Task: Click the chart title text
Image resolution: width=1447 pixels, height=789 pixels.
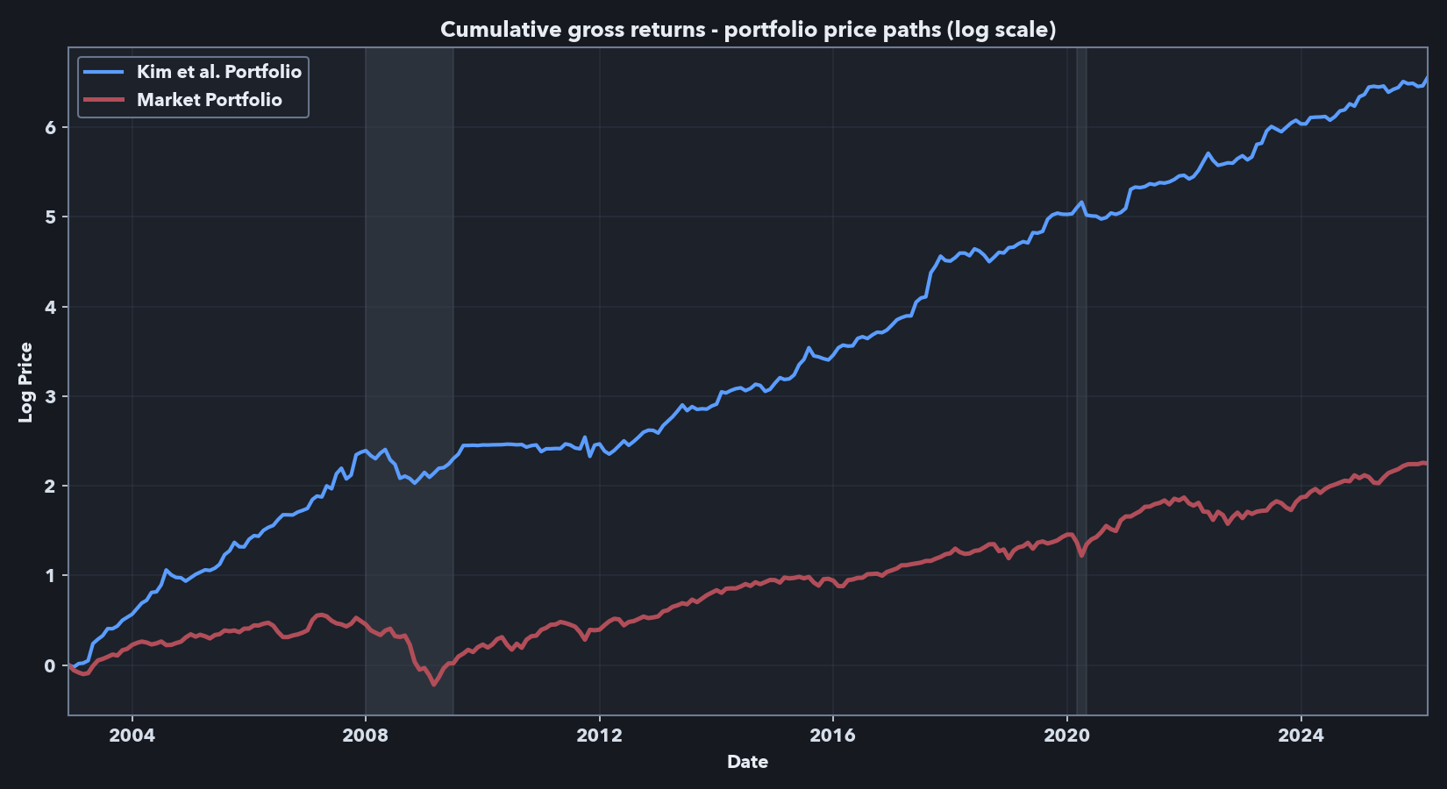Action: (747, 30)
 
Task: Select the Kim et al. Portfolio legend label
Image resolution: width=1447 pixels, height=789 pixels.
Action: (218, 72)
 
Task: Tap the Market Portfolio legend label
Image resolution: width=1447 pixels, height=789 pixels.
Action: (209, 100)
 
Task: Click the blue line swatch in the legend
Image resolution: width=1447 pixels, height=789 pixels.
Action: (103, 72)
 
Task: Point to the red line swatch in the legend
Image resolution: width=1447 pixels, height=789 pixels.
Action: (103, 100)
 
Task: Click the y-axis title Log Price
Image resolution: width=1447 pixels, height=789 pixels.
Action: (25, 382)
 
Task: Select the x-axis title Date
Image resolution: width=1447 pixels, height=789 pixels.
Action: (747, 762)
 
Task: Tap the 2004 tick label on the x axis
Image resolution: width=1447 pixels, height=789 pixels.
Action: (132, 736)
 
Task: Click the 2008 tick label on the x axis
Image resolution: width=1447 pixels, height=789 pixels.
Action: (366, 736)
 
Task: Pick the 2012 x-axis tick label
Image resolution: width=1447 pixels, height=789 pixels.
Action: (599, 736)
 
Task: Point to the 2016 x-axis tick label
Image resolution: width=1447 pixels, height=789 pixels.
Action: (833, 736)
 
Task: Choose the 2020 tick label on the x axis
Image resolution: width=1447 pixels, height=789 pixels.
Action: (1066, 736)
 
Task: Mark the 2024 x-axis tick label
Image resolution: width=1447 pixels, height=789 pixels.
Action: (1301, 736)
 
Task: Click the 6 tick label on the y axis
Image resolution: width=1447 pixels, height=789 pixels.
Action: (50, 128)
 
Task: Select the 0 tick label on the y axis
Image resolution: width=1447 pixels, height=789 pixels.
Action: (50, 666)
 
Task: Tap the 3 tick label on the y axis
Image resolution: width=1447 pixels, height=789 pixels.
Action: (50, 397)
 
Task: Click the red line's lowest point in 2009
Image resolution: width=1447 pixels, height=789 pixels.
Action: (433, 684)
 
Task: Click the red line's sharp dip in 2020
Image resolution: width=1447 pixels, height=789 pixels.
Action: (1081, 556)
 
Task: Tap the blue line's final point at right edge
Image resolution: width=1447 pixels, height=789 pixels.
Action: (1427, 78)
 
